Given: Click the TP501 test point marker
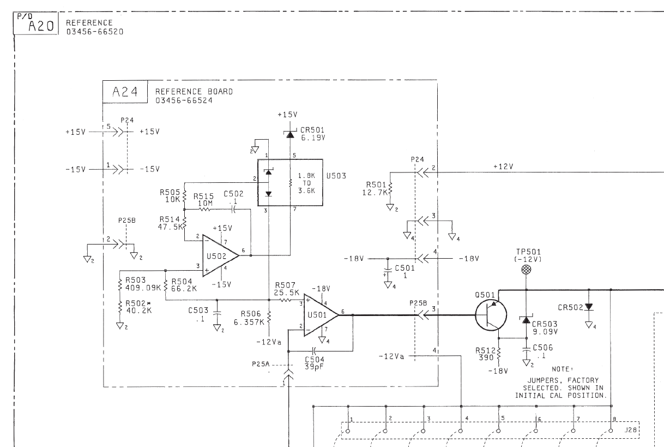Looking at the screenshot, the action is coord(526,270).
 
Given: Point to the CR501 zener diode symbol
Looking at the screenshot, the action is coord(290,135).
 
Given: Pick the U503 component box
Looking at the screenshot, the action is coord(290,182).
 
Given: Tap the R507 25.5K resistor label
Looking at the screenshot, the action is coord(286,289).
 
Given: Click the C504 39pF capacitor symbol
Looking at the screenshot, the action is coord(315,351).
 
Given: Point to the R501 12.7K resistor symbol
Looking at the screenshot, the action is coord(390,188).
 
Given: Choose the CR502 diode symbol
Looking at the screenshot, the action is coord(589,307).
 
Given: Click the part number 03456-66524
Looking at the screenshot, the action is coord(184,100).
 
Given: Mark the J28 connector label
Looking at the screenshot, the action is coord(630,430).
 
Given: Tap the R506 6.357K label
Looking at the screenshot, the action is coord(249,318).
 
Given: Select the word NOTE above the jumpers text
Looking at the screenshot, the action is coord(562,369).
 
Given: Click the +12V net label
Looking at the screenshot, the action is coord(503,166).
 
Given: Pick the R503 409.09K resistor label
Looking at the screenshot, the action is coord(143,284).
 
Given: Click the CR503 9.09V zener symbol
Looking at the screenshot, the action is coord(526,320).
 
